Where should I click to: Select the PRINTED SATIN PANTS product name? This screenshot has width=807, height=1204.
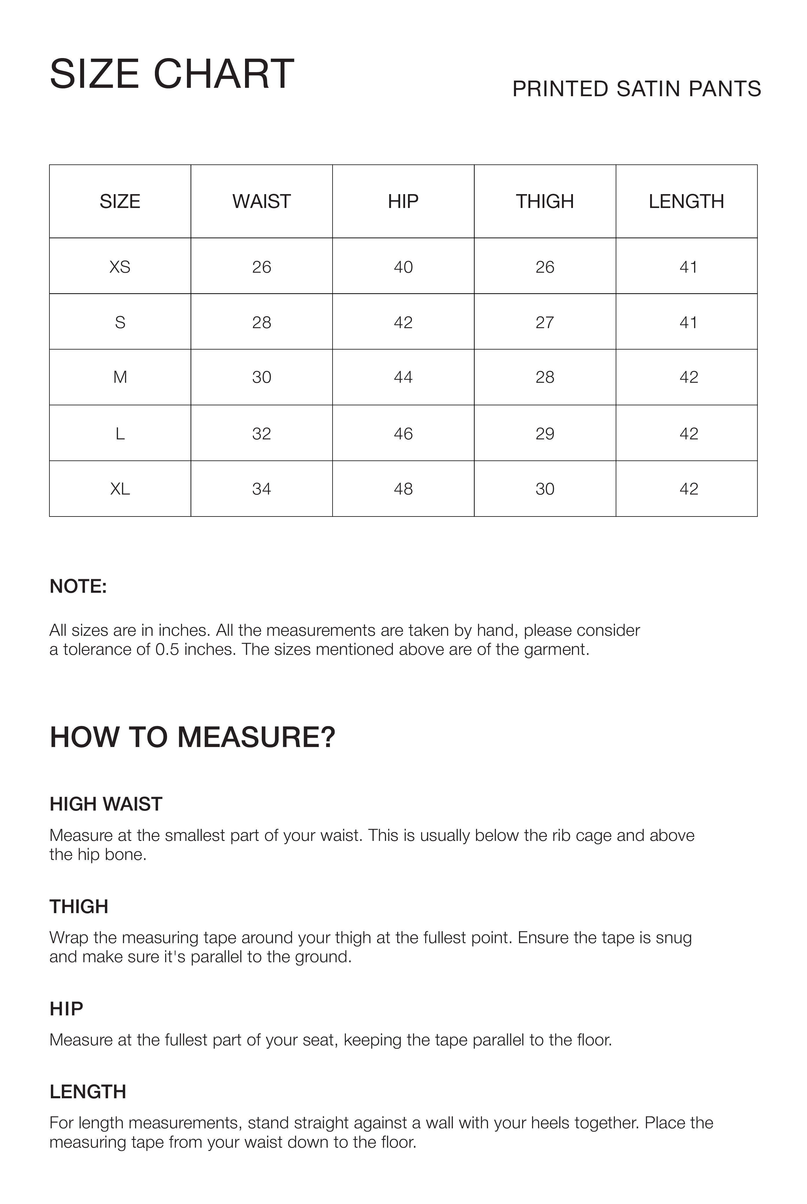pyautogui.click(x=636, y=89)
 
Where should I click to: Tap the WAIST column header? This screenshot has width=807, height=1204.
pyautogui.click(x=261, y=201)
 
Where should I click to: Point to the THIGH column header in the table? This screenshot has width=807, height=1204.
pyautogui.click(x=545, y=201)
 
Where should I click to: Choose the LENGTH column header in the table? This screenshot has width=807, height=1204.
pyautogui.click(x=686, y=201)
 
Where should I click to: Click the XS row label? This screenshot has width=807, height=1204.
pyautogui.click(x=120, y=267)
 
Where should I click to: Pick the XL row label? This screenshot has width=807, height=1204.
pyautogui.click(x=120, y=489)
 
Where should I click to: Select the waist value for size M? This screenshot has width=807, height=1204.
pyautogui.click(x=261, y=378)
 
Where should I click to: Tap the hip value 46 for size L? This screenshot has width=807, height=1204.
pyautogui.click(x=403, y=434)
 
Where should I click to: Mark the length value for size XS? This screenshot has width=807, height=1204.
pyautogui.click(x=688, y=267)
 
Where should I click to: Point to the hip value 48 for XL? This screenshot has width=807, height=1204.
pyautogui.click(x=403, y=489)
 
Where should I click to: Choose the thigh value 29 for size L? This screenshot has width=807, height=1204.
pyautogui.click(x=545, y=434)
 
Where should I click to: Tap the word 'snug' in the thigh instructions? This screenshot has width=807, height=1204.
pyautogui.click(x=673, y=937)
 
